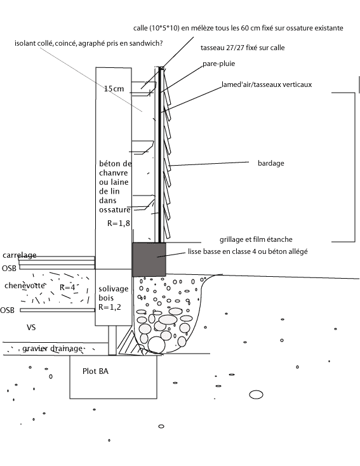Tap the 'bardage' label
(x=272, y=163)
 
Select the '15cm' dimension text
(x=114, y=89)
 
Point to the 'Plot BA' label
(x=95, y=371)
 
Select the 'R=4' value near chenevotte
(x=68, y=287)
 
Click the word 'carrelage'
(x=19, y=255)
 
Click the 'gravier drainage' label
(x=52, y=349)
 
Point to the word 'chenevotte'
(x=23, y=285)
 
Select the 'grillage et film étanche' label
(x=256, y=239)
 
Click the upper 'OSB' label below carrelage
(x=9, y=268)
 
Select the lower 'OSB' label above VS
(x=8, y=310)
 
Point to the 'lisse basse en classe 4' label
(x=248, y=252)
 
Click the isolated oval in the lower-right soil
(x=256, y=395)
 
